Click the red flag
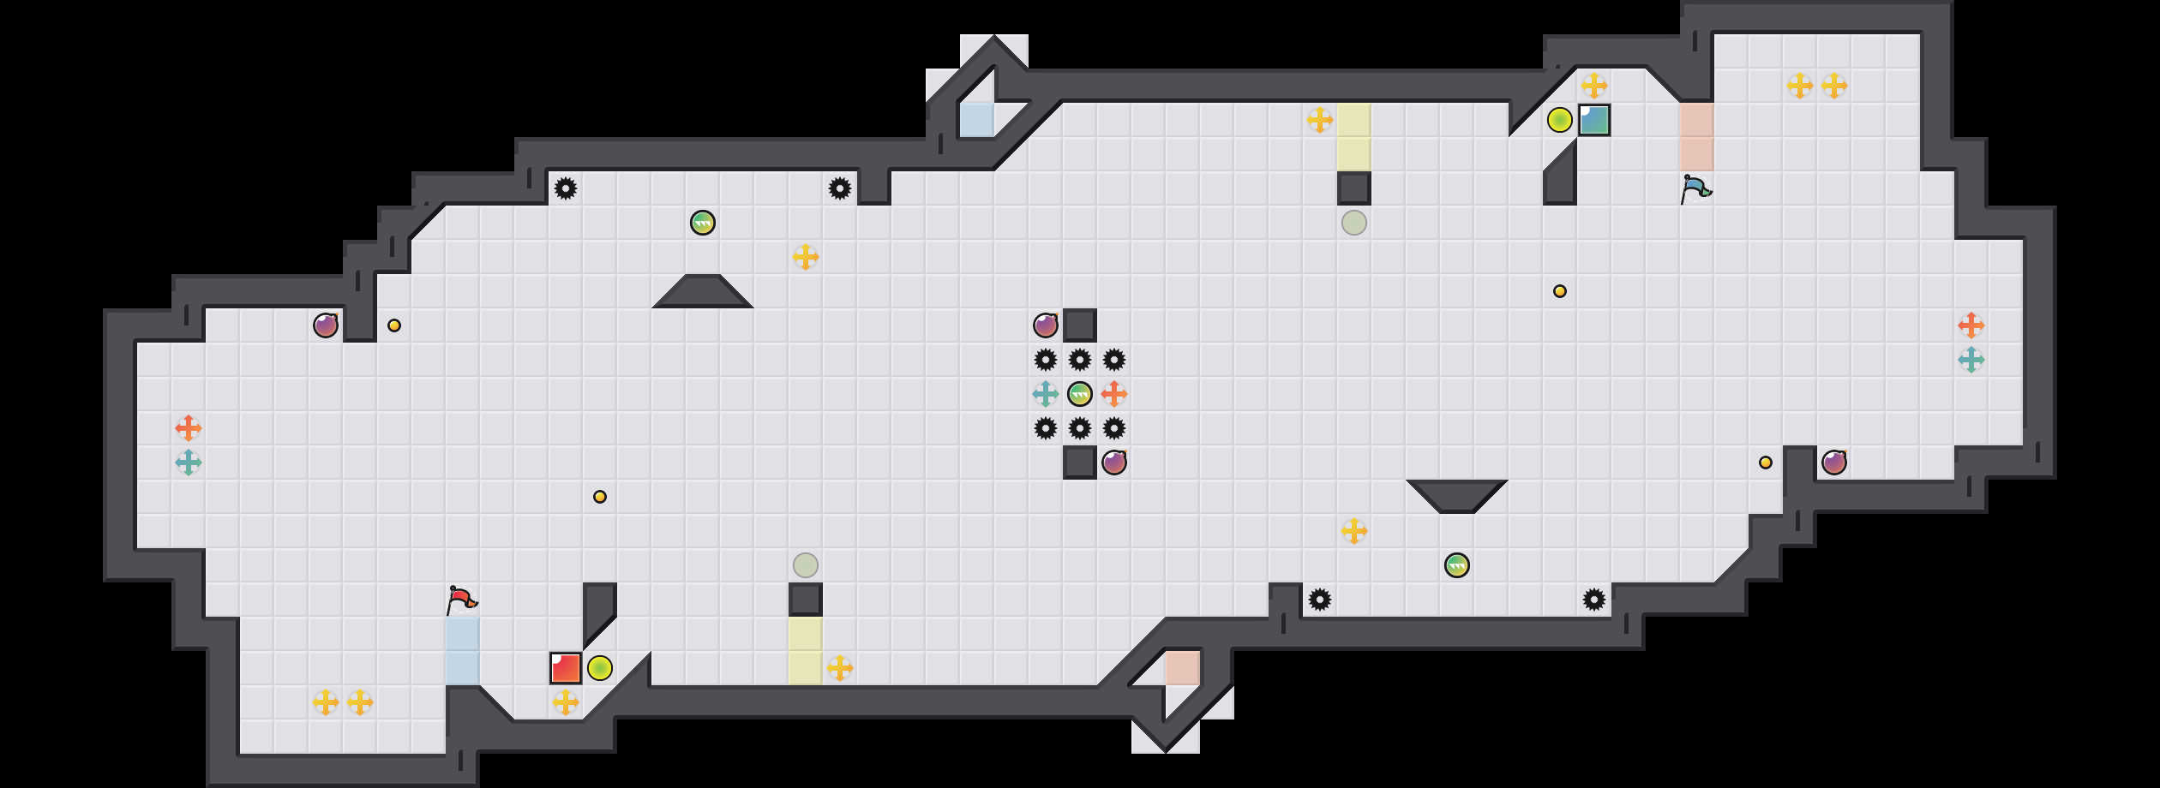pos(461,599)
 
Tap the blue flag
pos(1695,188)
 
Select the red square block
pos(566,668)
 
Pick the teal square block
pos(1594,120)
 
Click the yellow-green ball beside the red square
pos(600,668)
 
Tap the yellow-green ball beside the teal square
pos(1560,120)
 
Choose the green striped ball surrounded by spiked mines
pos(1080,394)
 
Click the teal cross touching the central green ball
pos(1046,394)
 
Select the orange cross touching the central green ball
pos(1114,394)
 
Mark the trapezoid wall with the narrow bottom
pos(1457,495)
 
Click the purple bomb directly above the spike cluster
pos(1046,325)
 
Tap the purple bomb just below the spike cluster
pos(1114,463)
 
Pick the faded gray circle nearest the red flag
pos(806,565)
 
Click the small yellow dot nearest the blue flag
pos(1560,291)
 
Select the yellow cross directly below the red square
pos(566,702)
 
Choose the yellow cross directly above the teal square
pos(1594,86)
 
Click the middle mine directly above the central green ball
pos(1080,360)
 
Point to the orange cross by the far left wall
pos(189,428)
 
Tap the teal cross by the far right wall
pos(1971,360)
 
